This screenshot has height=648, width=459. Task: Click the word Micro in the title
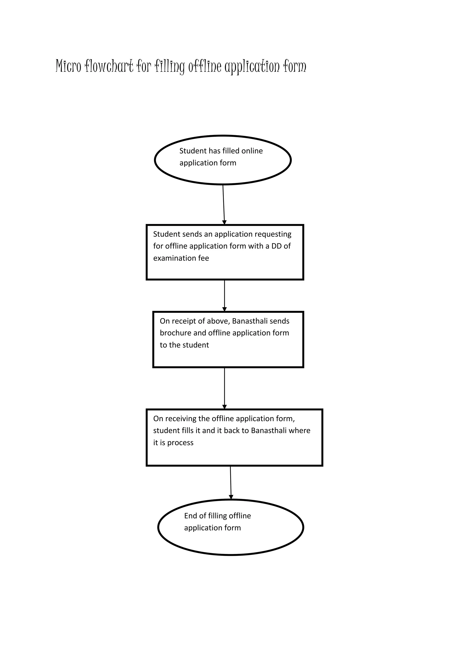(68, 66)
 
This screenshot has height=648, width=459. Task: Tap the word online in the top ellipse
(252, 151)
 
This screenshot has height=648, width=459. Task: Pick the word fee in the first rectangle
(204, 258)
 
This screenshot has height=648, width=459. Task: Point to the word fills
(186, 431)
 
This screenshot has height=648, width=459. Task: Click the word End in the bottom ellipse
(191, 516)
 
